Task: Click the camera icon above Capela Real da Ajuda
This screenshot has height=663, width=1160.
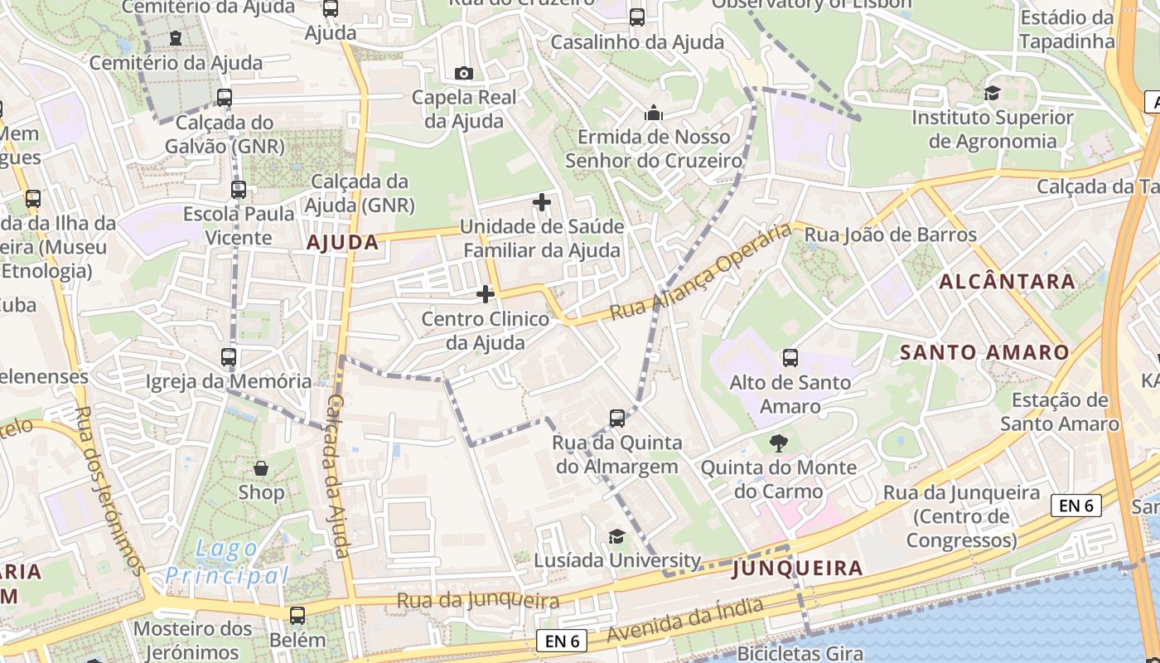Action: (464, 73)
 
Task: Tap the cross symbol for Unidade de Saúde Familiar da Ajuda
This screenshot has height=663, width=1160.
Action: (541, 201)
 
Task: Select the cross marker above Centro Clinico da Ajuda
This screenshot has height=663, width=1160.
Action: (486, 294)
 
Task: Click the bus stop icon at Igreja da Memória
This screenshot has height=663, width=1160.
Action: (229, 357)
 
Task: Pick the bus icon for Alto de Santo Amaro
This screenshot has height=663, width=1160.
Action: (790, 358)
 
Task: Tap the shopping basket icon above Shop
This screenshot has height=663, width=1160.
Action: (261, 468)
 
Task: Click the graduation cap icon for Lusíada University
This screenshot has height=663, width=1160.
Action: (616, 537)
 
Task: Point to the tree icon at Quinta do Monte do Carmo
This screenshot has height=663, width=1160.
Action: (778, 443)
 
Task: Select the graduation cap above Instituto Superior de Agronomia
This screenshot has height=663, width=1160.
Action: (992, 93)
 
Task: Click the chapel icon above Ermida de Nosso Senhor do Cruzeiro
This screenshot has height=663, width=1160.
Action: (654, 113)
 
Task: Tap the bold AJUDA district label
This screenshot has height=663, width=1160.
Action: (342, 243)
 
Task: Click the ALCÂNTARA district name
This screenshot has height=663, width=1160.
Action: (1007, 282)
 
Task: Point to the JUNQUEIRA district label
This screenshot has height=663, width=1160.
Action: (797, 569)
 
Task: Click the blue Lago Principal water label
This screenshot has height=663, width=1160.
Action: (226, 562)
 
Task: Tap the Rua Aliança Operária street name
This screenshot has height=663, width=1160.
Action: (701, 272)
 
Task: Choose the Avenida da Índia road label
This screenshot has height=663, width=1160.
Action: (684, 620)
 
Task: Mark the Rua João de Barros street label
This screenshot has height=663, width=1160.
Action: (891, 235)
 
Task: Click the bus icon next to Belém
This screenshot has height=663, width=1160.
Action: (297, 616)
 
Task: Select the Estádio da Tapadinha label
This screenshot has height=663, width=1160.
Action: (1066, 29)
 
